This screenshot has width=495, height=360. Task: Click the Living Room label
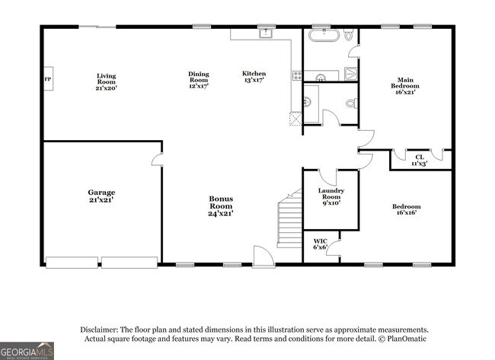point(106,81)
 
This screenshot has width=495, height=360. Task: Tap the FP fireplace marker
point(47,79)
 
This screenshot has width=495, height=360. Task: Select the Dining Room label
point(199,80)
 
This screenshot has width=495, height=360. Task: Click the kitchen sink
point(266,33)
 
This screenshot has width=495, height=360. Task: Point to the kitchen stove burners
point(296,75)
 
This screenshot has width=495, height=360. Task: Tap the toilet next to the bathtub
point(348,35)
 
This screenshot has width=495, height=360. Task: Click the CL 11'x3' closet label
point(420,159)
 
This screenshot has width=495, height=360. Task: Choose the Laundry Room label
point(331,196)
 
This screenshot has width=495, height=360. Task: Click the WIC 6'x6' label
point(320,244)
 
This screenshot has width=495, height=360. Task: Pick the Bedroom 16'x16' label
point(406,210)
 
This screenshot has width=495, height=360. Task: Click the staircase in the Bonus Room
point(289,221)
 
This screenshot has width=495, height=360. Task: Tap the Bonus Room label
point(221,205)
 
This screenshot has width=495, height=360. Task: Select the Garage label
point(101,196)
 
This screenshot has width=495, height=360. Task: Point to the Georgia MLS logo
point(27,350)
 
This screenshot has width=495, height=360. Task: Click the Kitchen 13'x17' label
point(254,77)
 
